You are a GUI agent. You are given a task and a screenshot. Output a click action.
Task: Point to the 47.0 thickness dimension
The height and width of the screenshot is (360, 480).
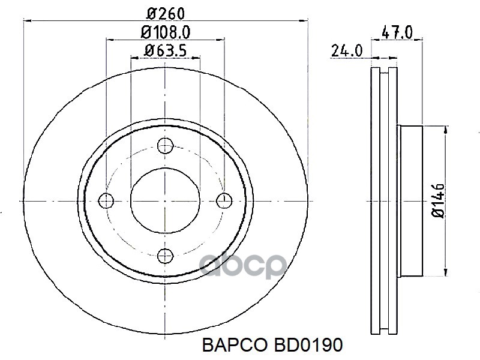tap(396, 33)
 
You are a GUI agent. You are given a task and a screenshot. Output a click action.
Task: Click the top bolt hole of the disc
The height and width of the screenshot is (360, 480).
tap(165, 145)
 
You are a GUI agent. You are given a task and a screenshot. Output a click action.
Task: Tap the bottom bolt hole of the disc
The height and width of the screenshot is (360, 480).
tap(165, 257)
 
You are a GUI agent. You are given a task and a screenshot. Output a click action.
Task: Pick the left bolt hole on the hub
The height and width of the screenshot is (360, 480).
tap(107, 200)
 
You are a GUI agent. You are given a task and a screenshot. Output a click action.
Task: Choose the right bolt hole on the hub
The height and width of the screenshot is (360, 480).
tap(224, 200)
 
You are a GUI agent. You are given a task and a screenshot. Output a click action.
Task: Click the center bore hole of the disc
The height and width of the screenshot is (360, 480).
tap(165, 200)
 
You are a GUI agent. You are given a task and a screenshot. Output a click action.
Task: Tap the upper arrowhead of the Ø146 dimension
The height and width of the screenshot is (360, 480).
tap(445, 129)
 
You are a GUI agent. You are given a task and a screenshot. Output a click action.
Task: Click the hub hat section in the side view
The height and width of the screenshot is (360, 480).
tap(411, 200)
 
